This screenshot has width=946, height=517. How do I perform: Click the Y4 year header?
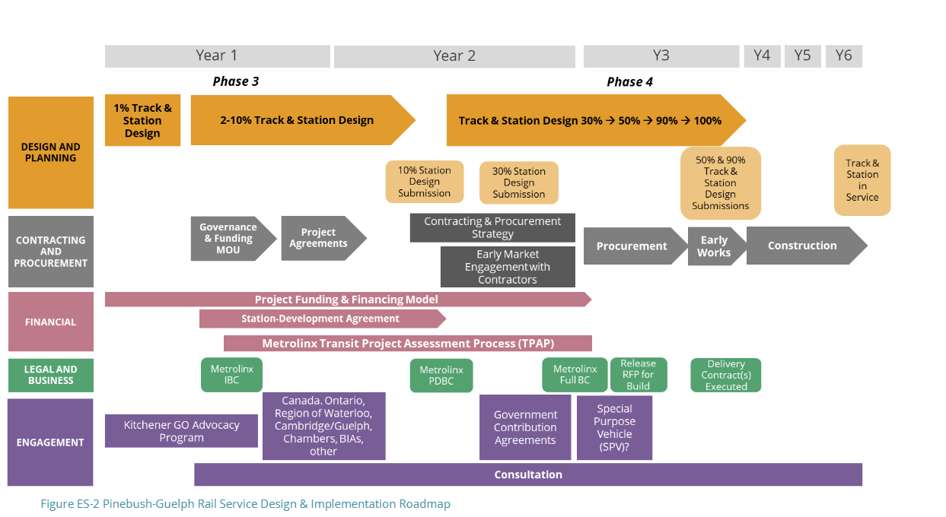(762, 56)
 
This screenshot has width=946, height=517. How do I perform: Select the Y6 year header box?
(843, 56)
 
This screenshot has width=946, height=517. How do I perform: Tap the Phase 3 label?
(236, 81)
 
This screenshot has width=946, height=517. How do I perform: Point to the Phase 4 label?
(629, 81)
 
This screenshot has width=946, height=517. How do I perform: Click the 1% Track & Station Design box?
(142, 120)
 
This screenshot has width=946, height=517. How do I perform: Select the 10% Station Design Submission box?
(424, 182)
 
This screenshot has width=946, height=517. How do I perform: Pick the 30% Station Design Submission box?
(518, 182)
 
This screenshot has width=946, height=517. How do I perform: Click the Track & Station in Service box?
(862, 180)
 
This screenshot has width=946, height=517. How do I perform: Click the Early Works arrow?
(714, 246)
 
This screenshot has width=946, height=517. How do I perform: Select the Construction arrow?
(803, 246)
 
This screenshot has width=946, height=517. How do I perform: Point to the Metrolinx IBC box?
(231, 375)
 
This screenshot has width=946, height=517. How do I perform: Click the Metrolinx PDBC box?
(441, 376)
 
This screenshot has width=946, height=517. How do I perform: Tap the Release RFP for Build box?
(638, 375)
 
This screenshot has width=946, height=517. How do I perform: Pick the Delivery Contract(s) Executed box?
(726, 376)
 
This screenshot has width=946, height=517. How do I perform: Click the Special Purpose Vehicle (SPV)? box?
(614, 427)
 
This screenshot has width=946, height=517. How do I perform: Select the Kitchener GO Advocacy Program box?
(181, 431)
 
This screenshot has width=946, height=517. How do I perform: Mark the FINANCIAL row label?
(50, 322)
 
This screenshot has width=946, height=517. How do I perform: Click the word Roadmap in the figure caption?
(424, 504)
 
